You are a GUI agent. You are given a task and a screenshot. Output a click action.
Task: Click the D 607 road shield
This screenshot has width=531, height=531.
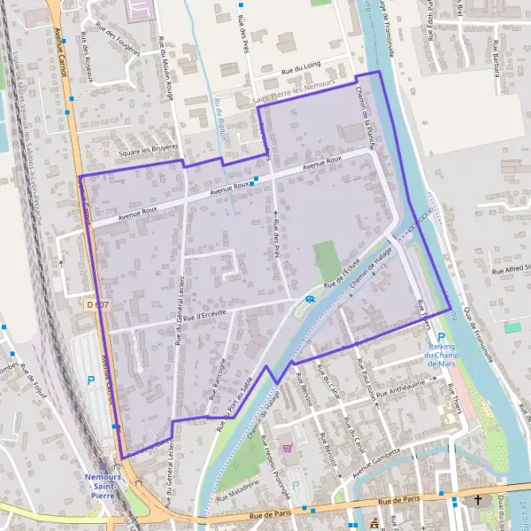[x=99, y=304]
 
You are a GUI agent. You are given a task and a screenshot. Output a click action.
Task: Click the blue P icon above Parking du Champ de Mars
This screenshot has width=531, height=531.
[x=441, y=337]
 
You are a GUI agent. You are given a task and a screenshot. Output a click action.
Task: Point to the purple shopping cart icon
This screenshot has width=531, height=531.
[x=287, y=448]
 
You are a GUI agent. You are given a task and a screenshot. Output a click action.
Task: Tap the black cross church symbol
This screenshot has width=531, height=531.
[x=479, y=501]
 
